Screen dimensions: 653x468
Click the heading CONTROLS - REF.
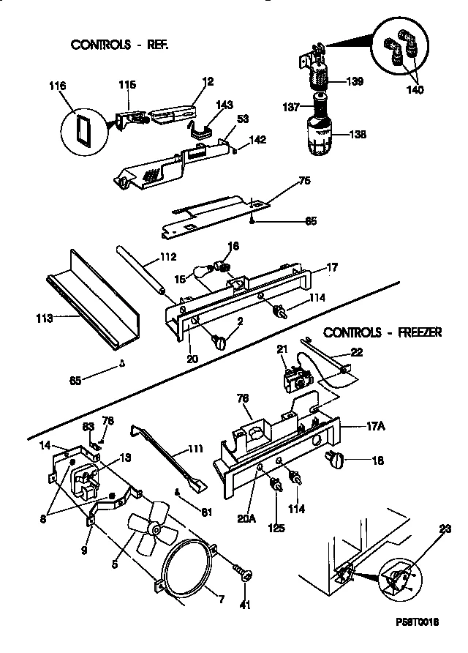tap(119, 45)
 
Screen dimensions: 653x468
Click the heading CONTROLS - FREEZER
tap(382, 332)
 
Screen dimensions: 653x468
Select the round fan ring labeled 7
tap(183, 571)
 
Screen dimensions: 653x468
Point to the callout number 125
tap(277, 525)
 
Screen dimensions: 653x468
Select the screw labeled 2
tap(221, 340)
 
